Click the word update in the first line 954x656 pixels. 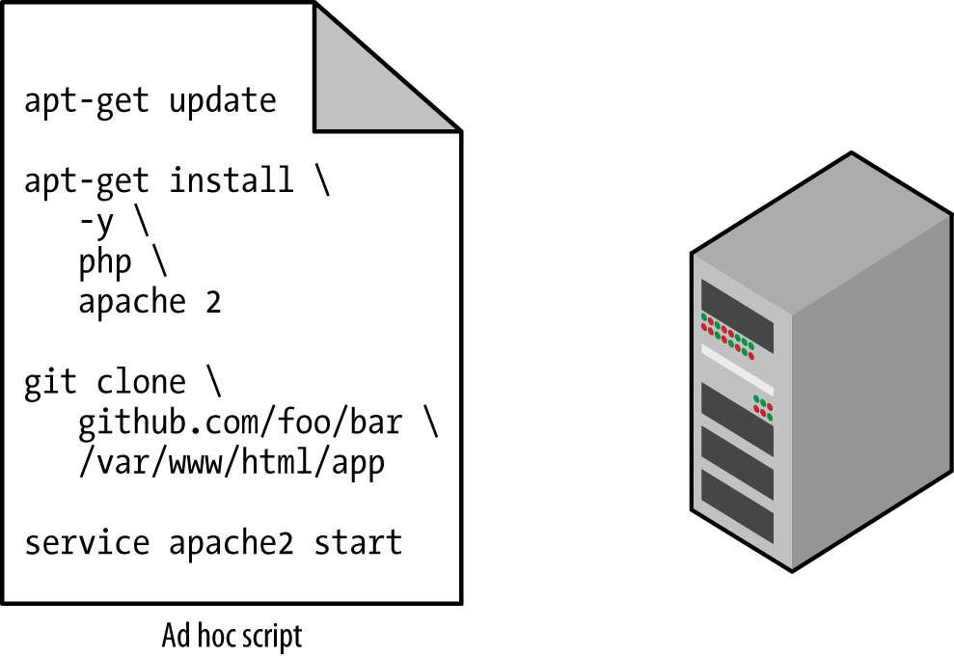coord(223,100)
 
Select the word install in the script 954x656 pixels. coord(232,180)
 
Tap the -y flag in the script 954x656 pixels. coord(96,223)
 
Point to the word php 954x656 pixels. coord(105,263)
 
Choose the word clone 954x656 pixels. coord(142,382)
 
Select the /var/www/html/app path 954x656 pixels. coord(232,463)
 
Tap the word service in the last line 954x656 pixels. coord(87,542)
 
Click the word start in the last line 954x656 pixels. coord(358,542)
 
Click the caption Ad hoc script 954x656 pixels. coord(232,637)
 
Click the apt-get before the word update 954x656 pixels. coord(87,100)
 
